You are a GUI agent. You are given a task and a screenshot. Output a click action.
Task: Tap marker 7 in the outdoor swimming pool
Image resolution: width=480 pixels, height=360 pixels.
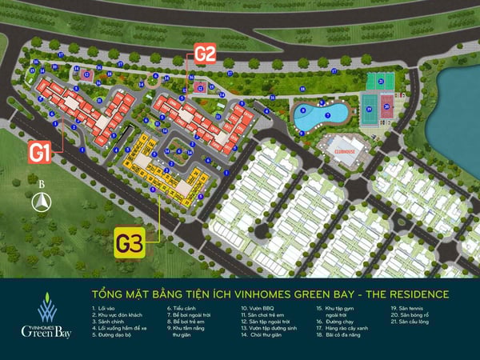point(327,114)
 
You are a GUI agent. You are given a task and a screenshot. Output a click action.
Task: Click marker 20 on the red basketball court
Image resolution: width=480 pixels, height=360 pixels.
point(386,106)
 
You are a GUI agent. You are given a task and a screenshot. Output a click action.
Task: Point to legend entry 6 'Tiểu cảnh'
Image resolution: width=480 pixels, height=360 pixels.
point(183,307)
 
